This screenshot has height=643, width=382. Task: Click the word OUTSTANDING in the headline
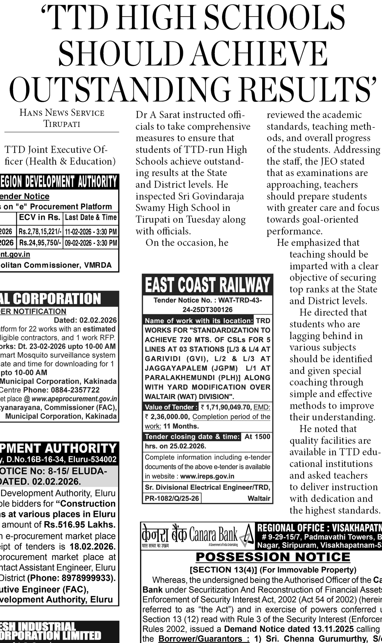coord(122,89)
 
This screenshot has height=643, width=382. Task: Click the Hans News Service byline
coord(62,113)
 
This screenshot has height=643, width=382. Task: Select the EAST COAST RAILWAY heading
coord(207,285)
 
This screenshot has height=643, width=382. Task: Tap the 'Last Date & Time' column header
coord(91,217)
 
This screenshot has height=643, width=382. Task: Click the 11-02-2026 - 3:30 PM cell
coord(91,232)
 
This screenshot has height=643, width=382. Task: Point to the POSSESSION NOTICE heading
coord(273,565)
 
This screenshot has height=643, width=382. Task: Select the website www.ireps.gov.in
coord(207,476)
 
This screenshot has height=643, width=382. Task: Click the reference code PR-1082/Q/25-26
coord(172,498)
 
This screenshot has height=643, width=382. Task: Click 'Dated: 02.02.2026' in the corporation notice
coord(85,320)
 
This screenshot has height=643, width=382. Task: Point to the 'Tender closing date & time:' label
coord(192,436)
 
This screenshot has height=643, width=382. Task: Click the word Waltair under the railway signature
coord(259,498)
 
